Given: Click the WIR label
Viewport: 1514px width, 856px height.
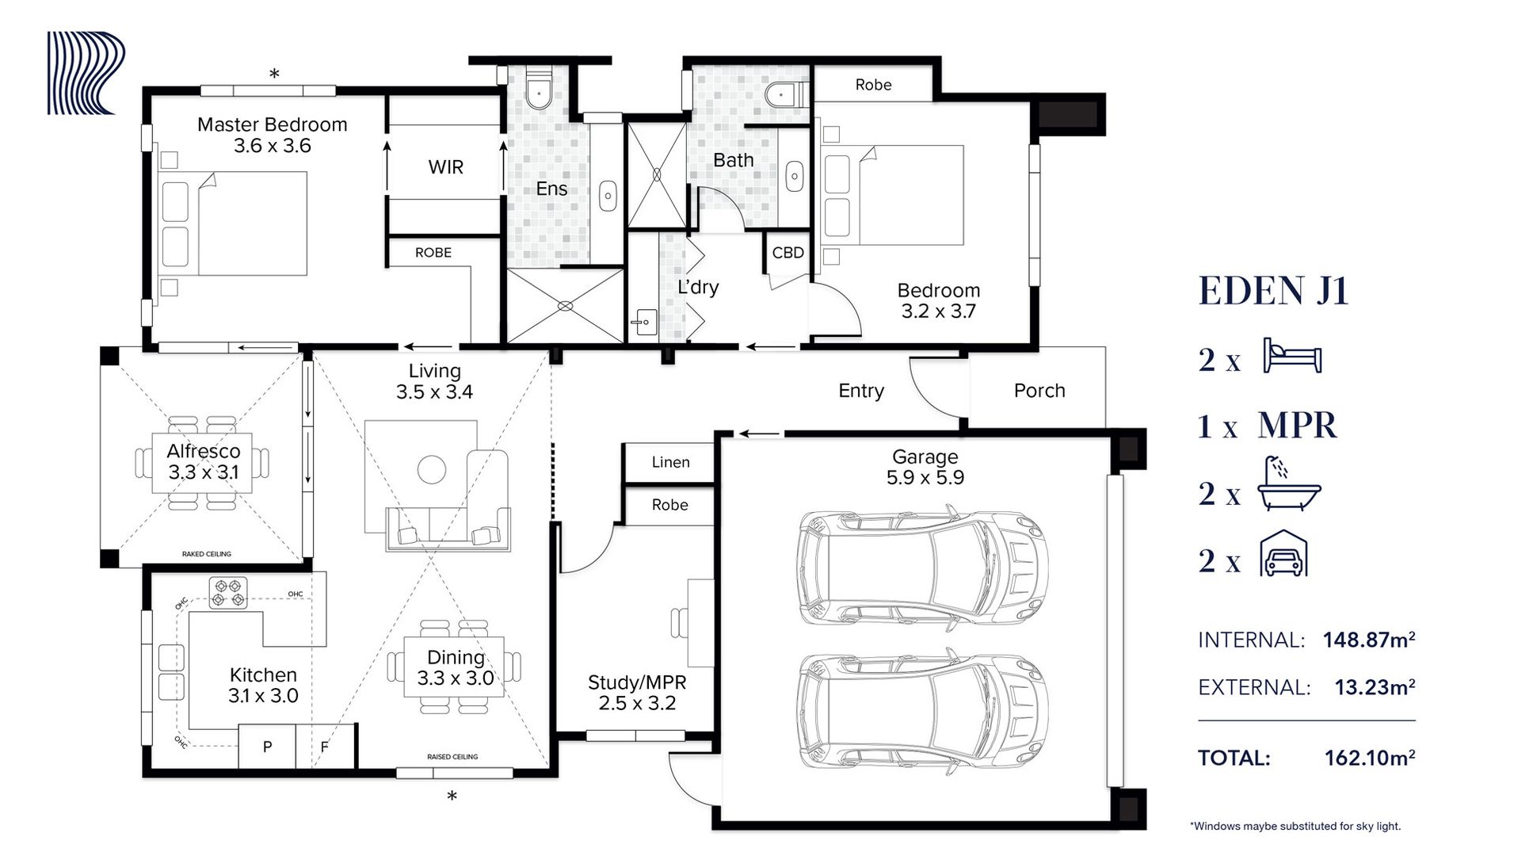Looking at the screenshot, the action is click(445, 167).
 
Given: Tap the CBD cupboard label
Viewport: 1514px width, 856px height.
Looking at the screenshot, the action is click(788, 253).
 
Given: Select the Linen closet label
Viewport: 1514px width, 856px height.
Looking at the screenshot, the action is click(670, 462).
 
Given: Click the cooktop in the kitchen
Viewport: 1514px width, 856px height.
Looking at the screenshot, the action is click(228, 592).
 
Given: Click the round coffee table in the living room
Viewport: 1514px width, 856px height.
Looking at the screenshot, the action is click(432, 469).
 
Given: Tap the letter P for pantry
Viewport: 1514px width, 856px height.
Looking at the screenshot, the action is click(267, 747).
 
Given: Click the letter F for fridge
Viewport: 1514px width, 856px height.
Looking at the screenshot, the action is click(324, 747).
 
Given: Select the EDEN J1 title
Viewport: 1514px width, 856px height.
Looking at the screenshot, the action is click(1273, 290).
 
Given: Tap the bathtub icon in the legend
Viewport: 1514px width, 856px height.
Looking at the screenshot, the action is click(1290, 483).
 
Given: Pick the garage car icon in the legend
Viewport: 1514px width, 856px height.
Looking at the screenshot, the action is click(1283, 552).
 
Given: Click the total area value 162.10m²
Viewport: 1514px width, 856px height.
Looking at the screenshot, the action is click(1370, 758).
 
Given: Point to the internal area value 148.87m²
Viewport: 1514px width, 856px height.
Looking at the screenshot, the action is click(1369, 639).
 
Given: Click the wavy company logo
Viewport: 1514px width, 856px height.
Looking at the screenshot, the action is click(86, 73).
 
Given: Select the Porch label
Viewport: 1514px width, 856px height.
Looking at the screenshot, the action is click(1039, 391).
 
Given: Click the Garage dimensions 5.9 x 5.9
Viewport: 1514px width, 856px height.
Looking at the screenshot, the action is click(925, 477).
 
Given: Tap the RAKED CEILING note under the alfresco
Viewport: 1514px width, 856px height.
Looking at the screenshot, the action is click(207, 554).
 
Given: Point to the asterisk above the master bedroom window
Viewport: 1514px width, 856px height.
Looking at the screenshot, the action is click(274, 75).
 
